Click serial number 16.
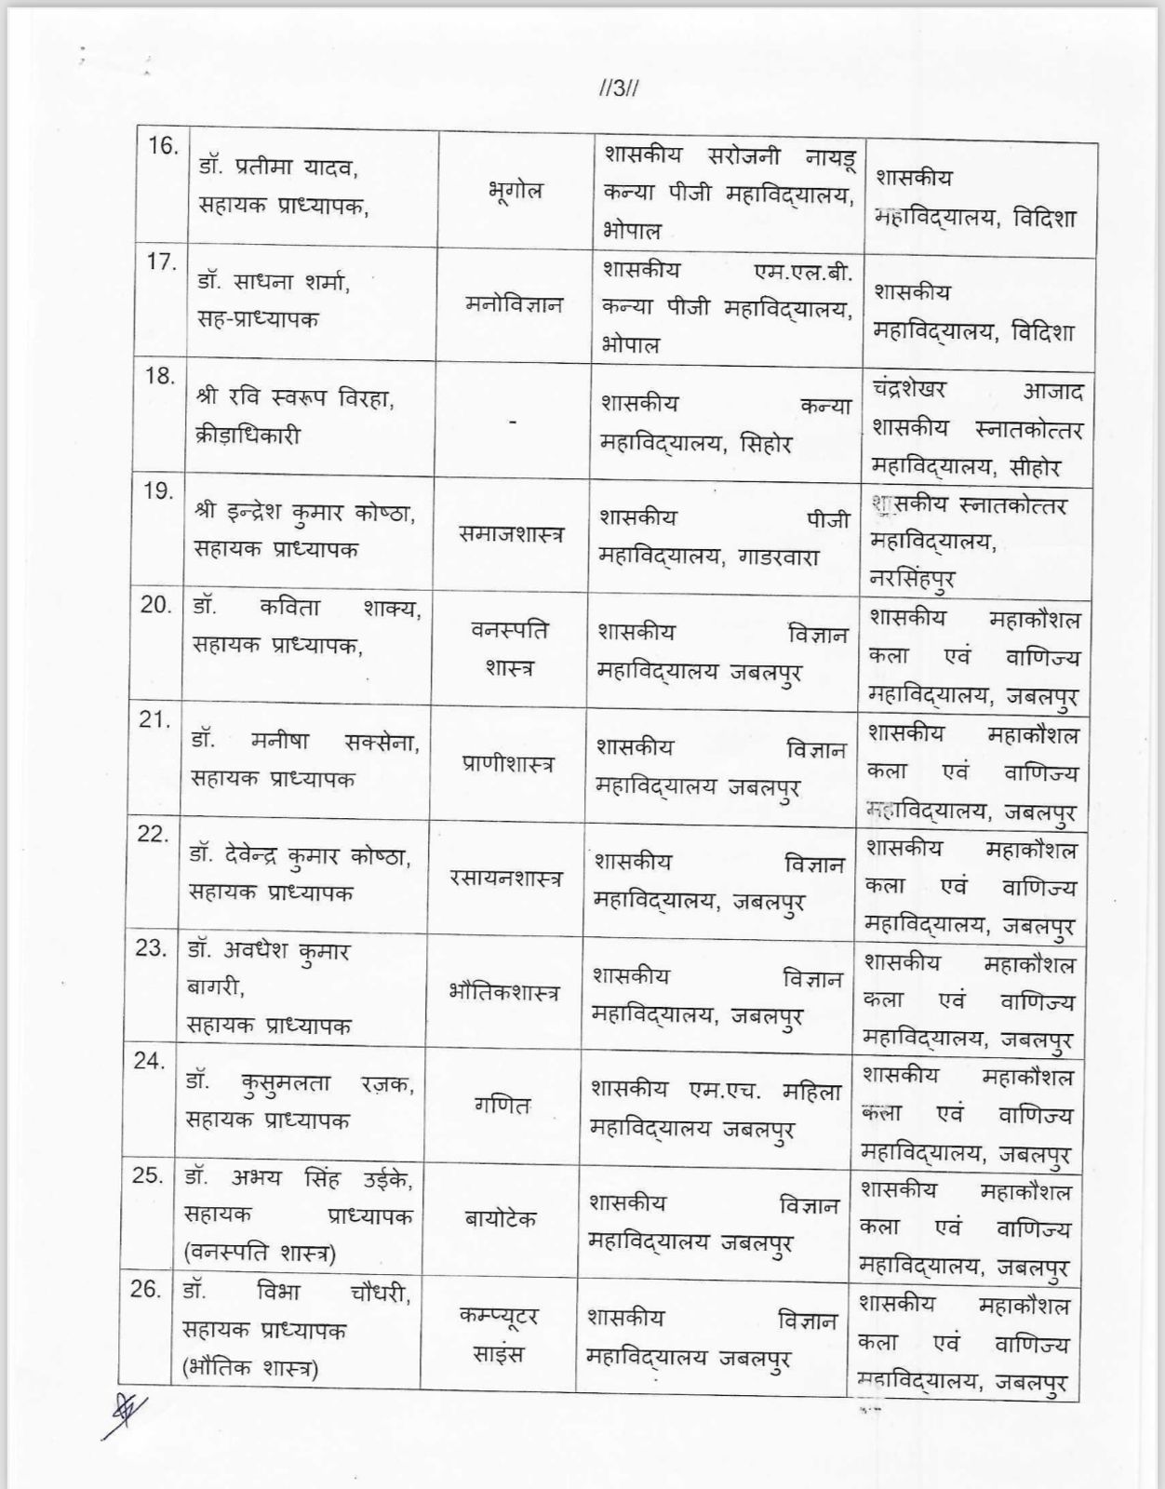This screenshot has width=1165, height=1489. click(x=162, y=146)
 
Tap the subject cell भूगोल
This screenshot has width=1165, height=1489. click(x=515, y=191)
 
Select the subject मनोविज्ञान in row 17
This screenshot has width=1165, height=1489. click(x=514, y=304)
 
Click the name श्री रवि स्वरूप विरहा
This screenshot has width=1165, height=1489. click(x=295, y=398)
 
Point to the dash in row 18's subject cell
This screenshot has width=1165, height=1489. click(x=512, y=421)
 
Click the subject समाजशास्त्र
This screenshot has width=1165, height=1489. click(x=511, y=534)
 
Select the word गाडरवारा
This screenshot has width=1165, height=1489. click(x=778, y=557)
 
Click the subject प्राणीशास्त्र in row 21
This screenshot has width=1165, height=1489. click(x=507, y=764)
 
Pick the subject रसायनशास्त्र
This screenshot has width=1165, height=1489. click(x=505, y=879)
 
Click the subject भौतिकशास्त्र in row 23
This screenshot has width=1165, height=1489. click(x=503, y=992)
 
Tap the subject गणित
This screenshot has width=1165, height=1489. click(x=502, y=1106)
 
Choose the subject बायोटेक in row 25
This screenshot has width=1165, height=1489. click(x=500, y=1218)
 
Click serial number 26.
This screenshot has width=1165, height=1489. click(x=146, y=1290)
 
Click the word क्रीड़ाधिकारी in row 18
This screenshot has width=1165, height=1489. click(x=248, y=436)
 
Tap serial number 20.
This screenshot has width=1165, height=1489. click(x=156, y=605)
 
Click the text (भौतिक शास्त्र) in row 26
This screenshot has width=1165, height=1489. click(x=251, y=1369)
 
